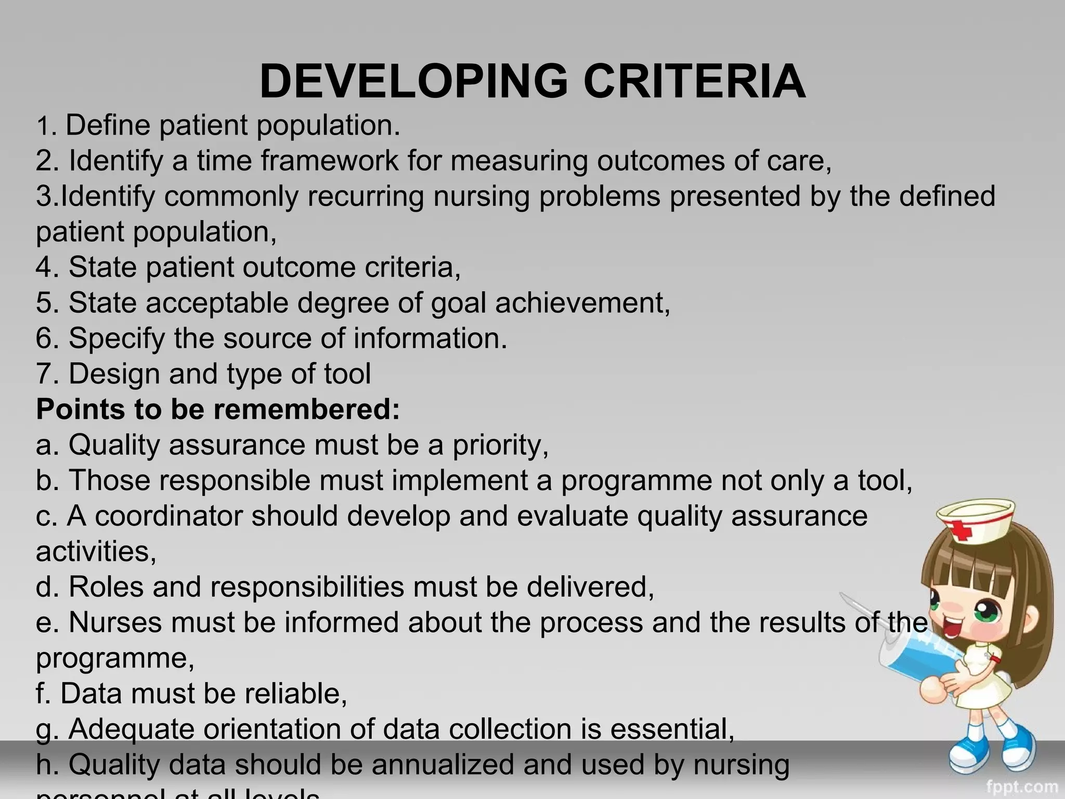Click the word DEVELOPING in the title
413,82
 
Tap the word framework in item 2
329,161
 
